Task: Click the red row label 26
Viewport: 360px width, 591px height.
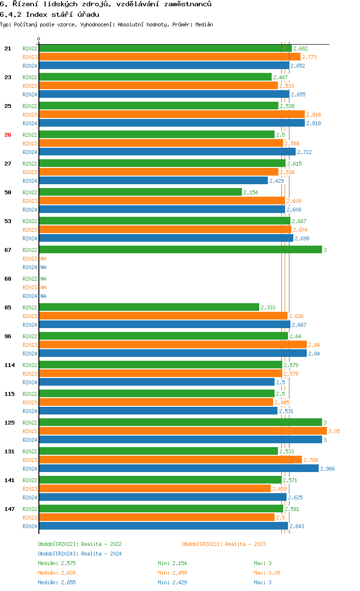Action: [8, 135]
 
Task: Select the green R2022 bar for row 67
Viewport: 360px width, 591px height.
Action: [180, 249]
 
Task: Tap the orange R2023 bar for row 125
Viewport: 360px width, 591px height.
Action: [182, 431]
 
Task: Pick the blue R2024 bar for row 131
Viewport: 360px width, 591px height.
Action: [179, 468]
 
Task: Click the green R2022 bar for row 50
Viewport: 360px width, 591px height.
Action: [140, 192]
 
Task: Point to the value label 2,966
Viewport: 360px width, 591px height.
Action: [327, 469]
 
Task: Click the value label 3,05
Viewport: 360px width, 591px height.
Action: [334, 431]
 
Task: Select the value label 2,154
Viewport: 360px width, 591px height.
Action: [251, 192]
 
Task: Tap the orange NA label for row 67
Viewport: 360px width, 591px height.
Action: [43, 259]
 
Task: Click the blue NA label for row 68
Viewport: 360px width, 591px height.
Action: [43, 296]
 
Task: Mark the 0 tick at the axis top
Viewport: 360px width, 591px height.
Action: [39, 39]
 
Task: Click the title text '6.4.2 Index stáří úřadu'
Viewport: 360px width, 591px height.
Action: [49, 14]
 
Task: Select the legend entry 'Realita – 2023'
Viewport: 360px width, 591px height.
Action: [224, 544]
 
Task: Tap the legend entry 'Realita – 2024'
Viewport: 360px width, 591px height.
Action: [80, 554]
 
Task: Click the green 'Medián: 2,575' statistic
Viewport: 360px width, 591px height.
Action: [57, 563]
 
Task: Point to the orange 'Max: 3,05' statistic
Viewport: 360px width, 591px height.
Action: [267, 573]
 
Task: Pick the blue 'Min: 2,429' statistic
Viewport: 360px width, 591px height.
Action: [172, 582]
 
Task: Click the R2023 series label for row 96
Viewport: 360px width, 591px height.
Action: [30, 345]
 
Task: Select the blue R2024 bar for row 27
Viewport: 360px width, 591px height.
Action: [153, 180]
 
